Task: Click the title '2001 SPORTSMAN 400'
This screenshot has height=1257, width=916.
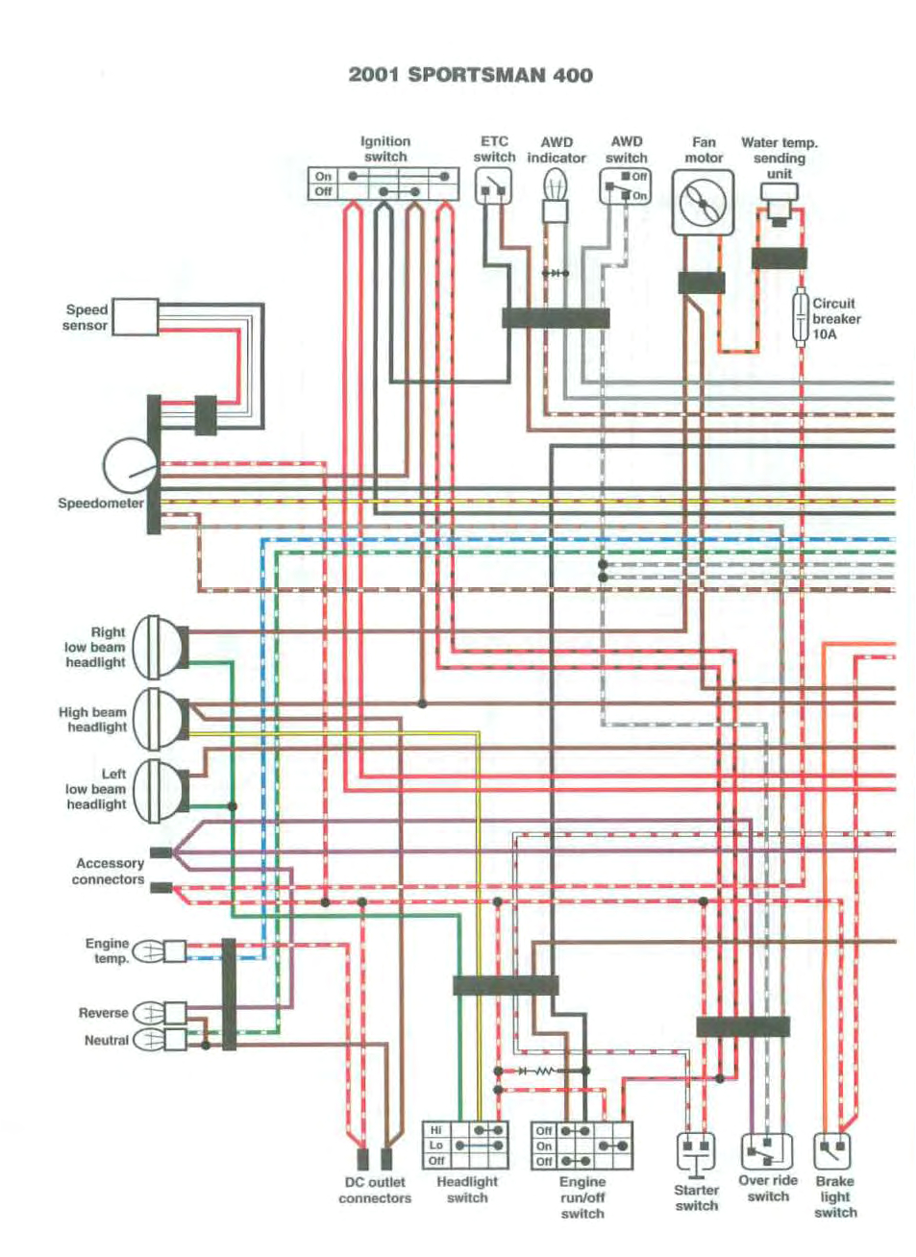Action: coord(470,75)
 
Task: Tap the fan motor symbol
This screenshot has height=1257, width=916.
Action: coord(703,203)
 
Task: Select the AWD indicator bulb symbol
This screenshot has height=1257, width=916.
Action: coord(557,185)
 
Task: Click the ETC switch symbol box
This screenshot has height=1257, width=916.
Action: coord(493,185)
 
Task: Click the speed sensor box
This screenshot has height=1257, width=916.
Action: coord(136,317)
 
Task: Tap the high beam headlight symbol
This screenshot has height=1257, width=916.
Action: coord(157,719)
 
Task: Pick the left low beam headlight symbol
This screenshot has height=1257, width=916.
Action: coord(157,790)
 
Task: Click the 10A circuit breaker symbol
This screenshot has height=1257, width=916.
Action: coord(800,318)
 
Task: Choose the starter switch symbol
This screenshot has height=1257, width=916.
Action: coord(696,1151)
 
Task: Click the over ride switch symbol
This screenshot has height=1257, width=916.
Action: coord(767,1150)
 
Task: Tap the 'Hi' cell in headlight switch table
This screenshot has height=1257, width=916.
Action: coord(436,1130)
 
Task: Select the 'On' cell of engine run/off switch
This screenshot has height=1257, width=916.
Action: coord(544,1146)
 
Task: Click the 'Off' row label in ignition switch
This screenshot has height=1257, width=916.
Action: coord(324,191)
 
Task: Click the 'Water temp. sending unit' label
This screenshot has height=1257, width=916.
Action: coord(779,158)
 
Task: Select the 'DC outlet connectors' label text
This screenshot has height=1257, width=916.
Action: coord(374,1190)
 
